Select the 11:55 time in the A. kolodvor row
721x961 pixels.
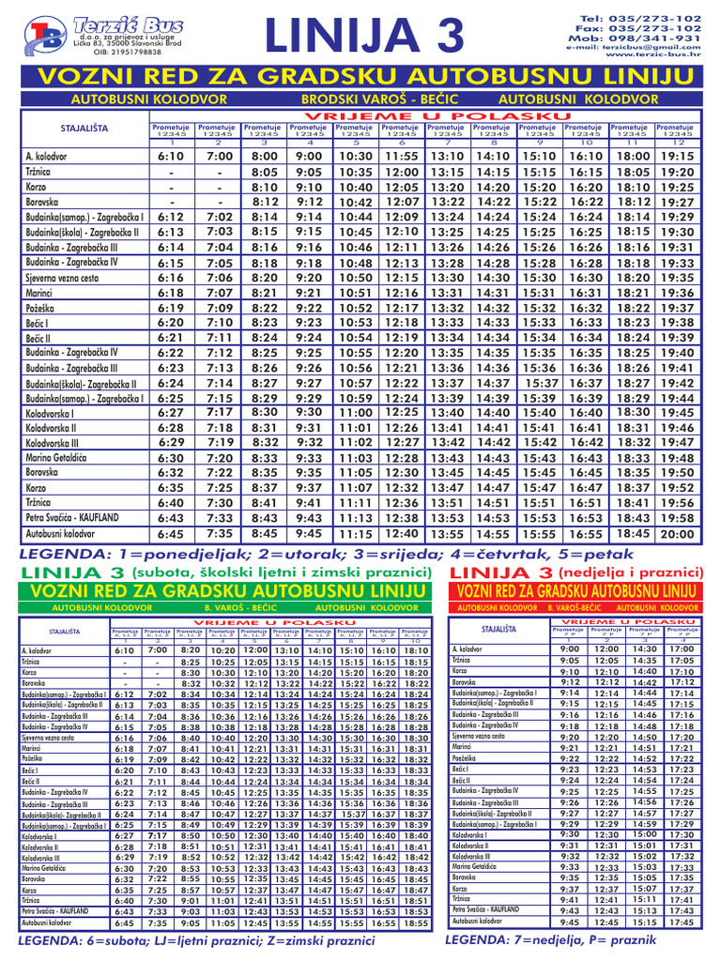pyautogui.click(x=401, y=156)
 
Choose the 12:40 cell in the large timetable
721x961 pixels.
pyautogui.click(x=401, y=533)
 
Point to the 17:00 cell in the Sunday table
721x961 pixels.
pyautogui.click(x=682, y=648)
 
